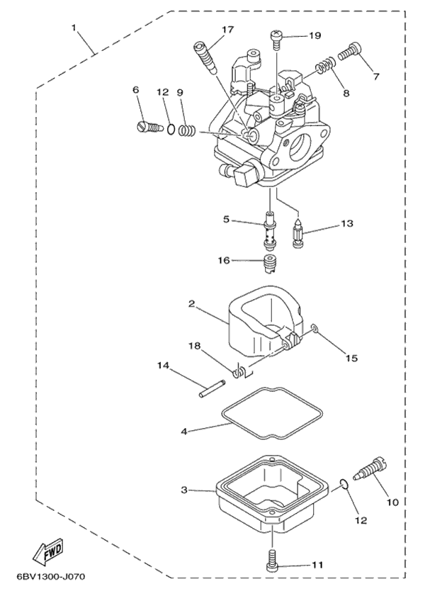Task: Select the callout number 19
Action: click(314, 35)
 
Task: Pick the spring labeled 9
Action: click(186, 130)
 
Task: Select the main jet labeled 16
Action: click(268, 265)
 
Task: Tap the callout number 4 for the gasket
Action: click(183, 430)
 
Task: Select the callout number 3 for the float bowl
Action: click(183, 490)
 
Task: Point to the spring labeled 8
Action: click(323, 67)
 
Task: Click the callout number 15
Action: click(351, 359)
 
